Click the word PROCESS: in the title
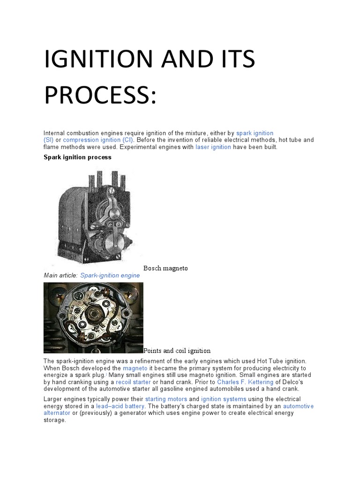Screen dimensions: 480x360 [98, 94]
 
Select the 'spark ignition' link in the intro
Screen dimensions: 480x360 [255, 133]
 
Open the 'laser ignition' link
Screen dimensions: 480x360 [213, 147]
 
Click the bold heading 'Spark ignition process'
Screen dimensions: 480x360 [77, 157]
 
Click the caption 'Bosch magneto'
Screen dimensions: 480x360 [165, 268]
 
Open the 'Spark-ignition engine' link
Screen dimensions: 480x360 [110, 275]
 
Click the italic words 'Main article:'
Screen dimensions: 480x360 [60, 275]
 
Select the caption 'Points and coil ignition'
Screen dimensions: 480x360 [177, 351]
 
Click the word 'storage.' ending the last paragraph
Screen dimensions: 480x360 [55, 420]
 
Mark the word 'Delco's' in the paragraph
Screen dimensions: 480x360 [298, 382]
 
